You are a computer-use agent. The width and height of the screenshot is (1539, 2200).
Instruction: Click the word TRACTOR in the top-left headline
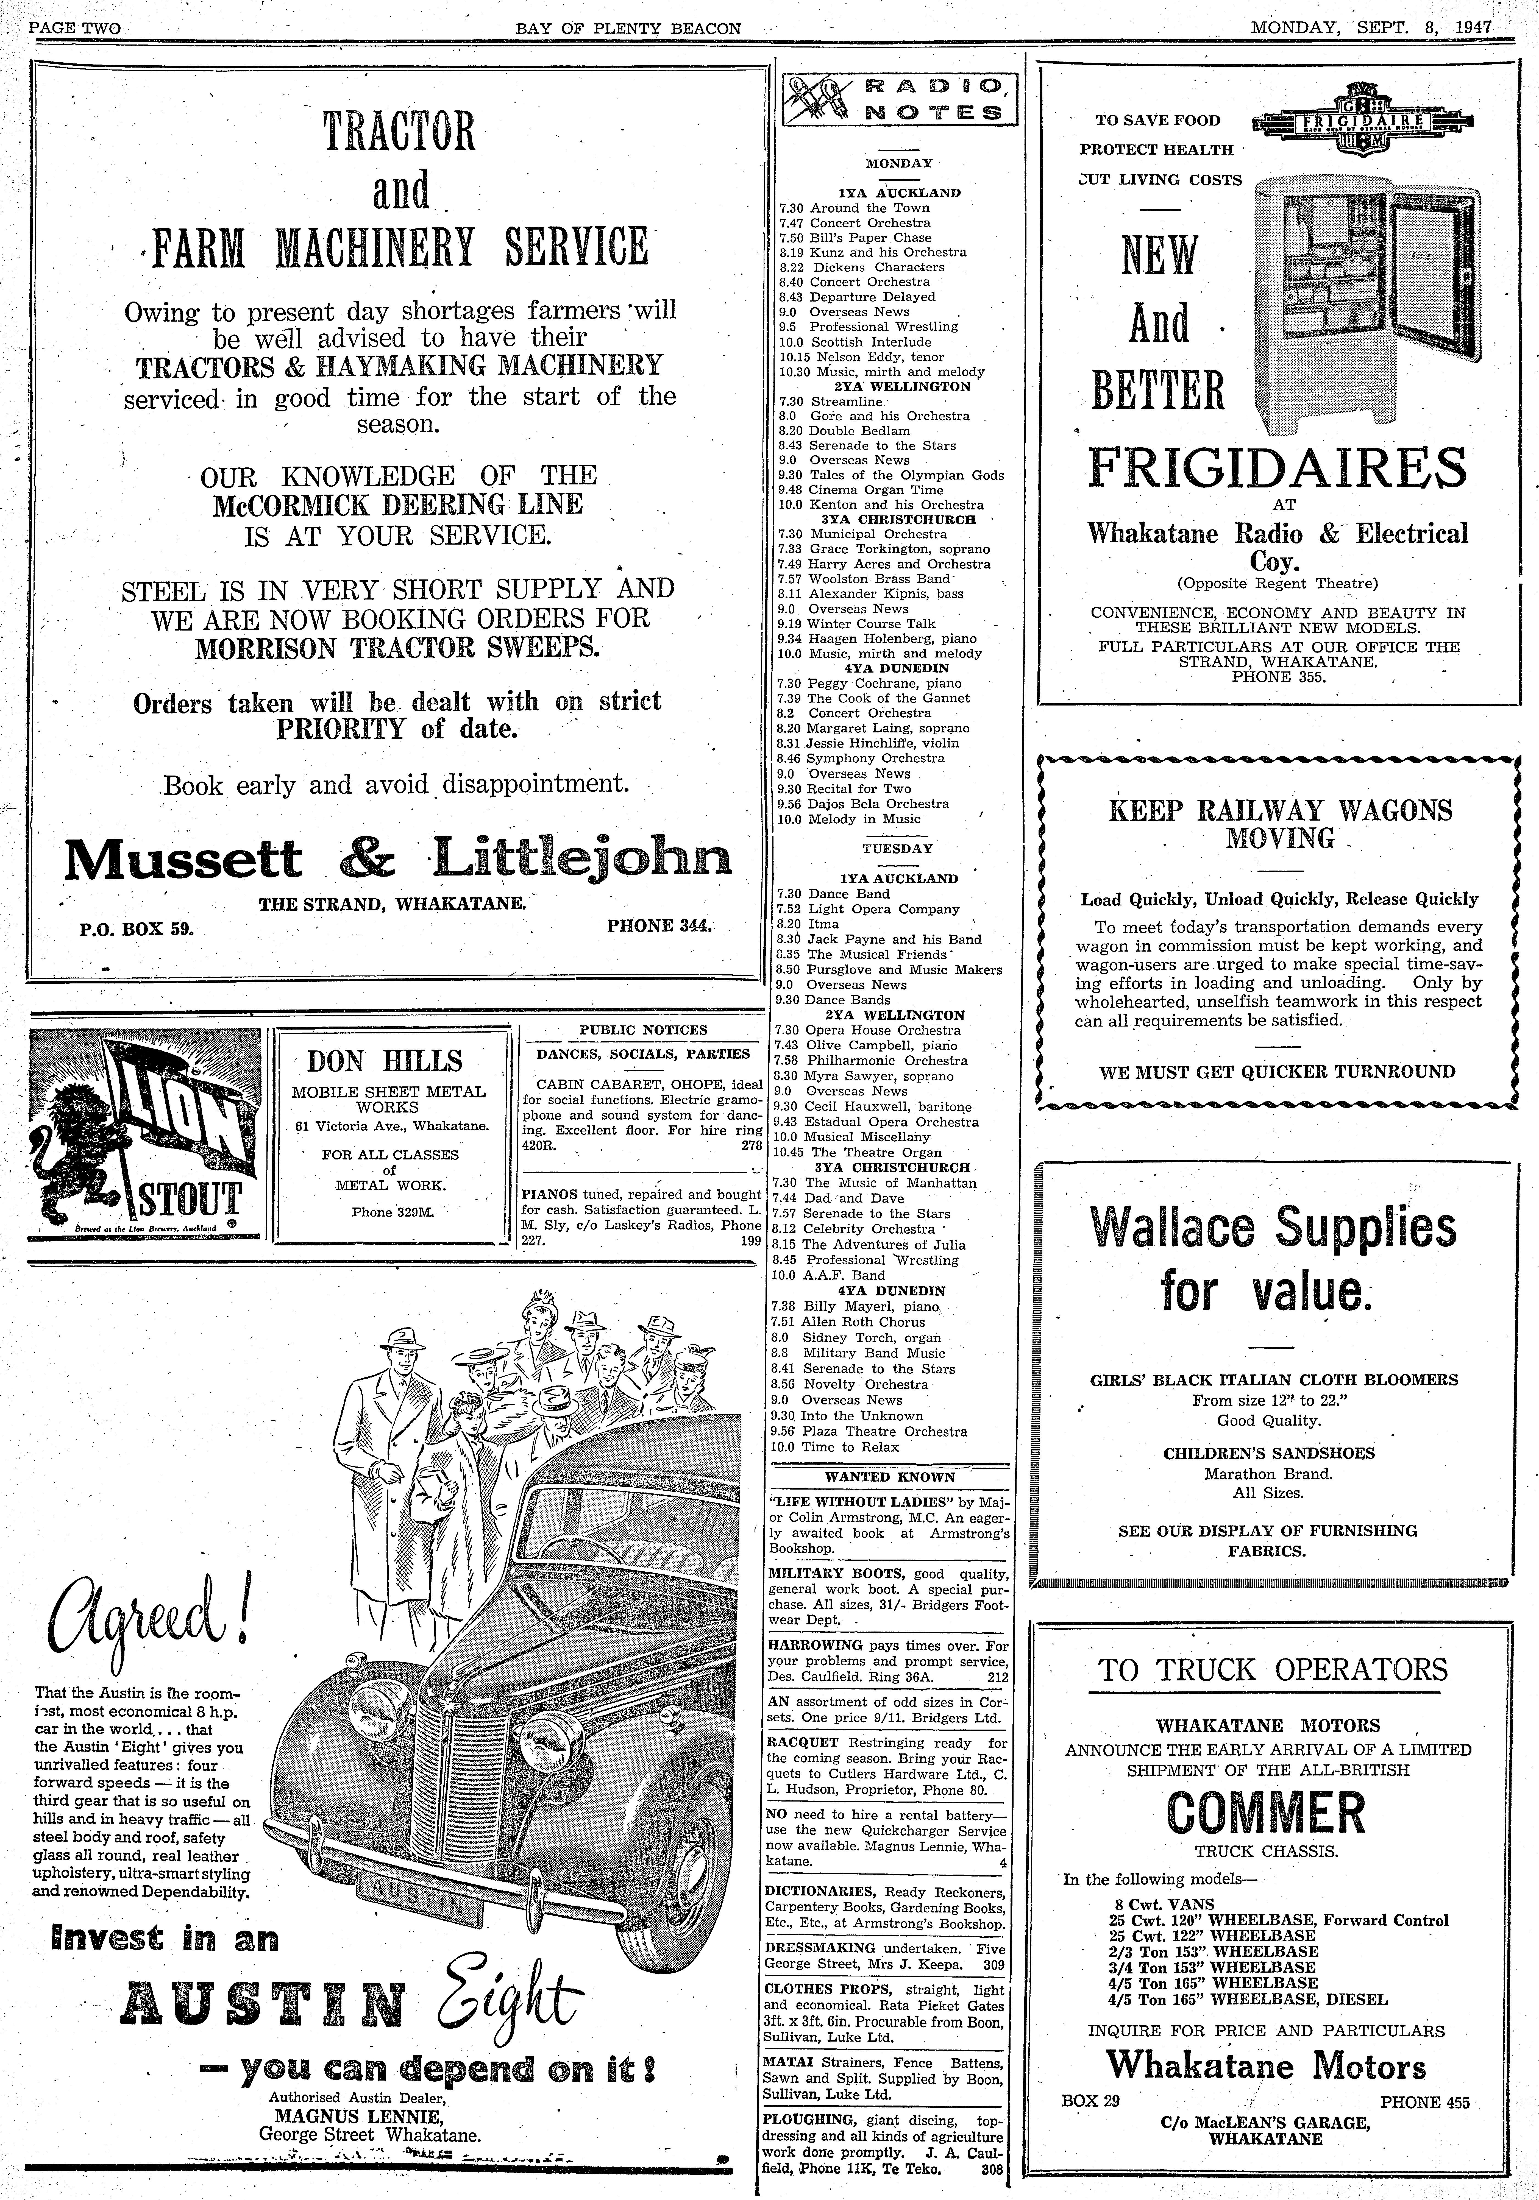click(399, 132)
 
